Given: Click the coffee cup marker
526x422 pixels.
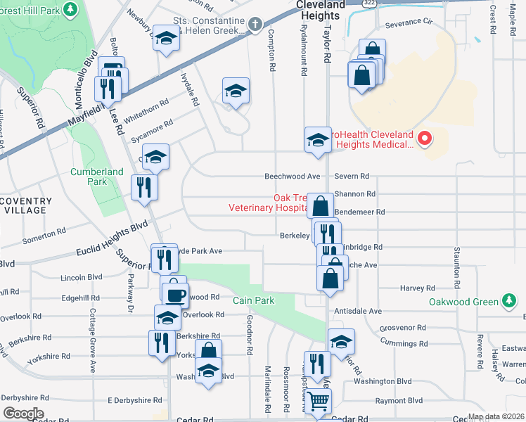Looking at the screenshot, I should [x=175, y=294].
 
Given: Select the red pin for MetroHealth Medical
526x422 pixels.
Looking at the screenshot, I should [x=424, y=139].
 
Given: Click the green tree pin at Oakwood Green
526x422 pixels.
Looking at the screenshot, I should [x=509, y=302].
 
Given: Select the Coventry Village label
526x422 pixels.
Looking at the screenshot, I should [x=25, y=205].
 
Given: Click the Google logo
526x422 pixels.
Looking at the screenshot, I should [x=23, y=414].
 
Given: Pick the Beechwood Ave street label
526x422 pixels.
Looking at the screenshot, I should [x=292, y=176].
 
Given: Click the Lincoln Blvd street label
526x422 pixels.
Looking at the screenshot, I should [x=82, y=277].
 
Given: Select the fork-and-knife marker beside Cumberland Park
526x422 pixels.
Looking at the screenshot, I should [x=144, y=187].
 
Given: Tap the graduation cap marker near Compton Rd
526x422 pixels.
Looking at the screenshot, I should [x=236, y=91].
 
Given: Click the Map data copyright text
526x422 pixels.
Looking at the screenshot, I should [x=495, y=416].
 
